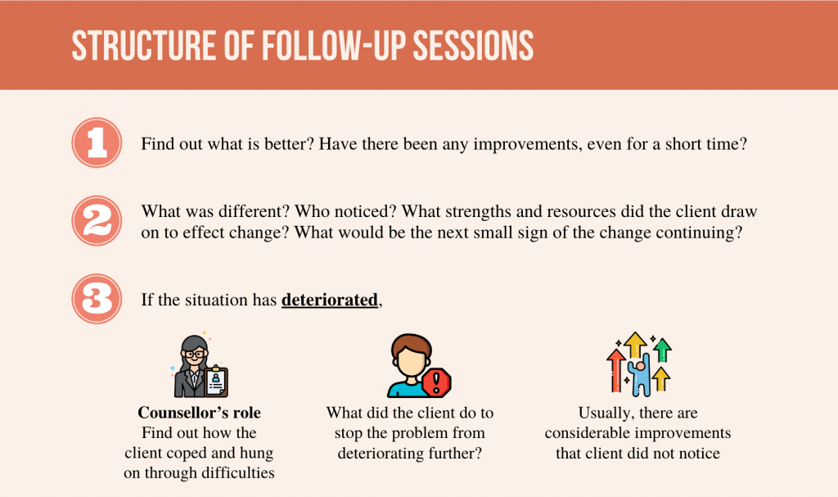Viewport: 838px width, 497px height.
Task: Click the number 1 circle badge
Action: click(97, 142)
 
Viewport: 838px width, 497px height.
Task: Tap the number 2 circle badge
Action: click(97, 221)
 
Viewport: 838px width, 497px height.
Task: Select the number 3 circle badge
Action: click(97, 299)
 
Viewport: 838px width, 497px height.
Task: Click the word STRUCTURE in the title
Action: click(144, 46)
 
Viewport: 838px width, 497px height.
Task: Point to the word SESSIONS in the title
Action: click(473, 46)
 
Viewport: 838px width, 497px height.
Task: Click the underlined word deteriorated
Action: click(330, 300)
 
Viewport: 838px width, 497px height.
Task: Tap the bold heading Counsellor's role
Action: click(200, 413)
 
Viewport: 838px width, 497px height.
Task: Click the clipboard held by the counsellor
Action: click(216, 381)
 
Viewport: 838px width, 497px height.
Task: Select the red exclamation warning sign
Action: click(437, 382)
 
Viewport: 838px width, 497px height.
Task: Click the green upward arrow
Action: click(663, 350)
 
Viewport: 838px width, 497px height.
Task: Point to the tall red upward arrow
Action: click(616, 370)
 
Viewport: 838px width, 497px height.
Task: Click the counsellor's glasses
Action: click(195, 355)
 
